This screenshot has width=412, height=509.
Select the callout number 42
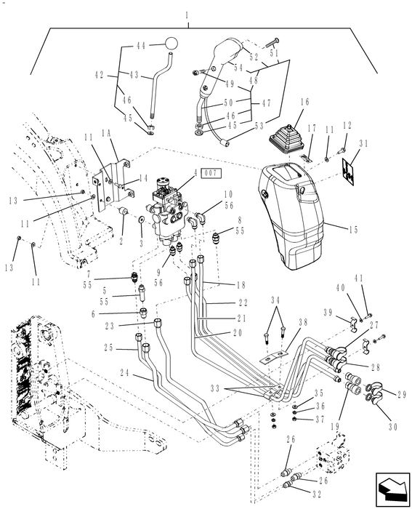pyautogui.click(x=100, y=73)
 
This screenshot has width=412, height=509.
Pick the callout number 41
pyautogui.click(x=358, y=277)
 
